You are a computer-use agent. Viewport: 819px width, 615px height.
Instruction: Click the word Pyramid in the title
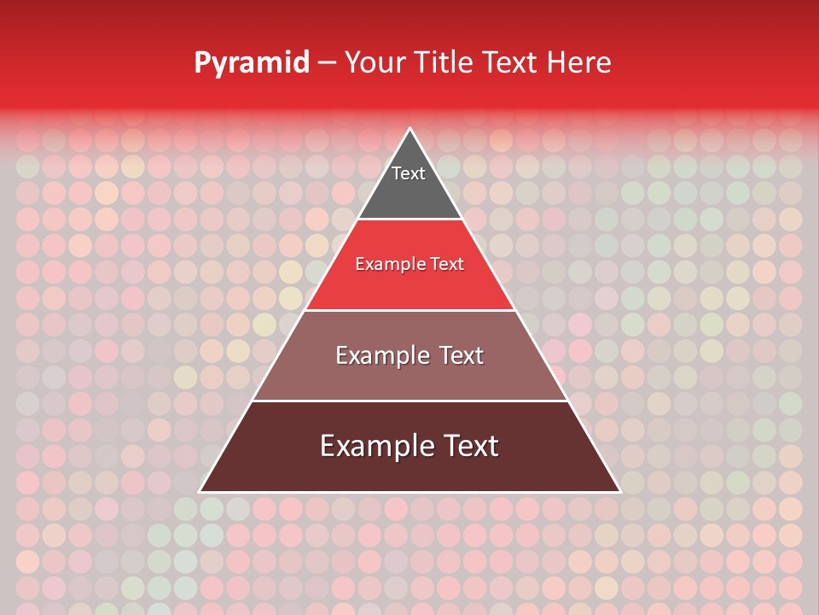251,63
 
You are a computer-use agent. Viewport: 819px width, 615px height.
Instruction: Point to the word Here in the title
578,63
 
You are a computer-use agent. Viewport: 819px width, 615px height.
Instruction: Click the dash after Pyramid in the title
326,63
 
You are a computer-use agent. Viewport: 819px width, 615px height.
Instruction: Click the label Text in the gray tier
408,173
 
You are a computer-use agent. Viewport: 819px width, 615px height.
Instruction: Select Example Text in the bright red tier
409,264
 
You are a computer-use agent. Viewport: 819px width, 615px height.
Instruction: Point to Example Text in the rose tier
409,355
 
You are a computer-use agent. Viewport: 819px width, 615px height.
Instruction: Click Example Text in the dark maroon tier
409,446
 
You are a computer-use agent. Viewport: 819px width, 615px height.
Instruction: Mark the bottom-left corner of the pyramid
200,491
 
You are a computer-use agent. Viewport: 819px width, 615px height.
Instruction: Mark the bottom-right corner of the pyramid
619,491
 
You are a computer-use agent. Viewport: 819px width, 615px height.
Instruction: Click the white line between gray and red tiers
409,220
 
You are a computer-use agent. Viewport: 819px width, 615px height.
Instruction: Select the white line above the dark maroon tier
409,401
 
